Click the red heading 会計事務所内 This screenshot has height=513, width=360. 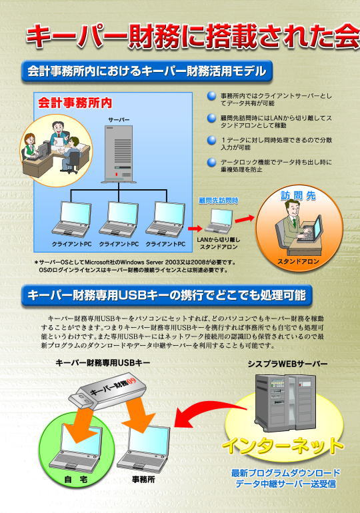(75, 103)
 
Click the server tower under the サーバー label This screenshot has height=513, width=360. (119, 154)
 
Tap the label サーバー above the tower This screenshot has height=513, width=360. (119, 120)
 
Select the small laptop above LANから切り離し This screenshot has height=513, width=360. (219, 220)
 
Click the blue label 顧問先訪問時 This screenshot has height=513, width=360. (219, 201)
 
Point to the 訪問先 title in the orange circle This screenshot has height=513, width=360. (298, 196)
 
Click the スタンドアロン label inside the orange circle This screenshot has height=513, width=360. (298, 261)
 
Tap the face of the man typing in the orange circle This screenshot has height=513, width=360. (292, 209)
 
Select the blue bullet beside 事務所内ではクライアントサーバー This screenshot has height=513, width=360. (212, 96)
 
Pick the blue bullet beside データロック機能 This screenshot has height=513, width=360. (212, 162)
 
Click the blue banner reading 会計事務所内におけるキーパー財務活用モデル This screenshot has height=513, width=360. (147, 71)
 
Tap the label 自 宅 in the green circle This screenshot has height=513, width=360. (75, 480)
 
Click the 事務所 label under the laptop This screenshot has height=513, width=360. (143, 479)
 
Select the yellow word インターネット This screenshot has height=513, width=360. (283, 445)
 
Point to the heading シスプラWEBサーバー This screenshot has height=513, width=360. (288, 364)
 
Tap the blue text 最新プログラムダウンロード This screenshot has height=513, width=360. (286, 473)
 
